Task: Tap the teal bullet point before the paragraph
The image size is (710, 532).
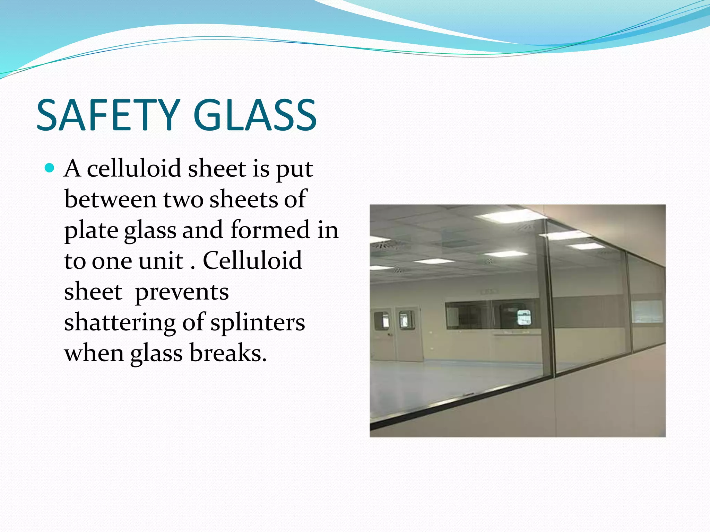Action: tap(50, 168)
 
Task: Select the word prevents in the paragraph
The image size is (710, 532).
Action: tap(182, 292)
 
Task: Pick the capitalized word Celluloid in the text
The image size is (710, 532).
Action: tap(252, 260)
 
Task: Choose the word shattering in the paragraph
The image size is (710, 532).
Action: tap(120, 322)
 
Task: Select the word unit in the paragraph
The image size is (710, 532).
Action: tap(161, 260)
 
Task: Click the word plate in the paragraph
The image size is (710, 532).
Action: tap(91, 230)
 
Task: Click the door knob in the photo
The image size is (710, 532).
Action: tap(390, 335)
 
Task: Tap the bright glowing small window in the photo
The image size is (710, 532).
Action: tap(524, 317)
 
